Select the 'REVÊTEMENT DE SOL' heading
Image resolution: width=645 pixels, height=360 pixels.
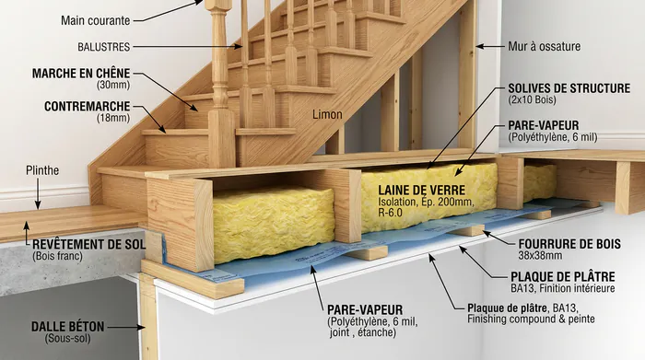point(88,243)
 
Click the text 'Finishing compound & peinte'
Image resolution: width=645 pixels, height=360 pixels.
point(532,319)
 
